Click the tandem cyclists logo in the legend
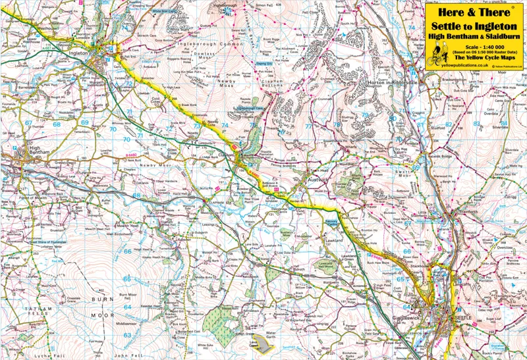coord(436,58)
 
